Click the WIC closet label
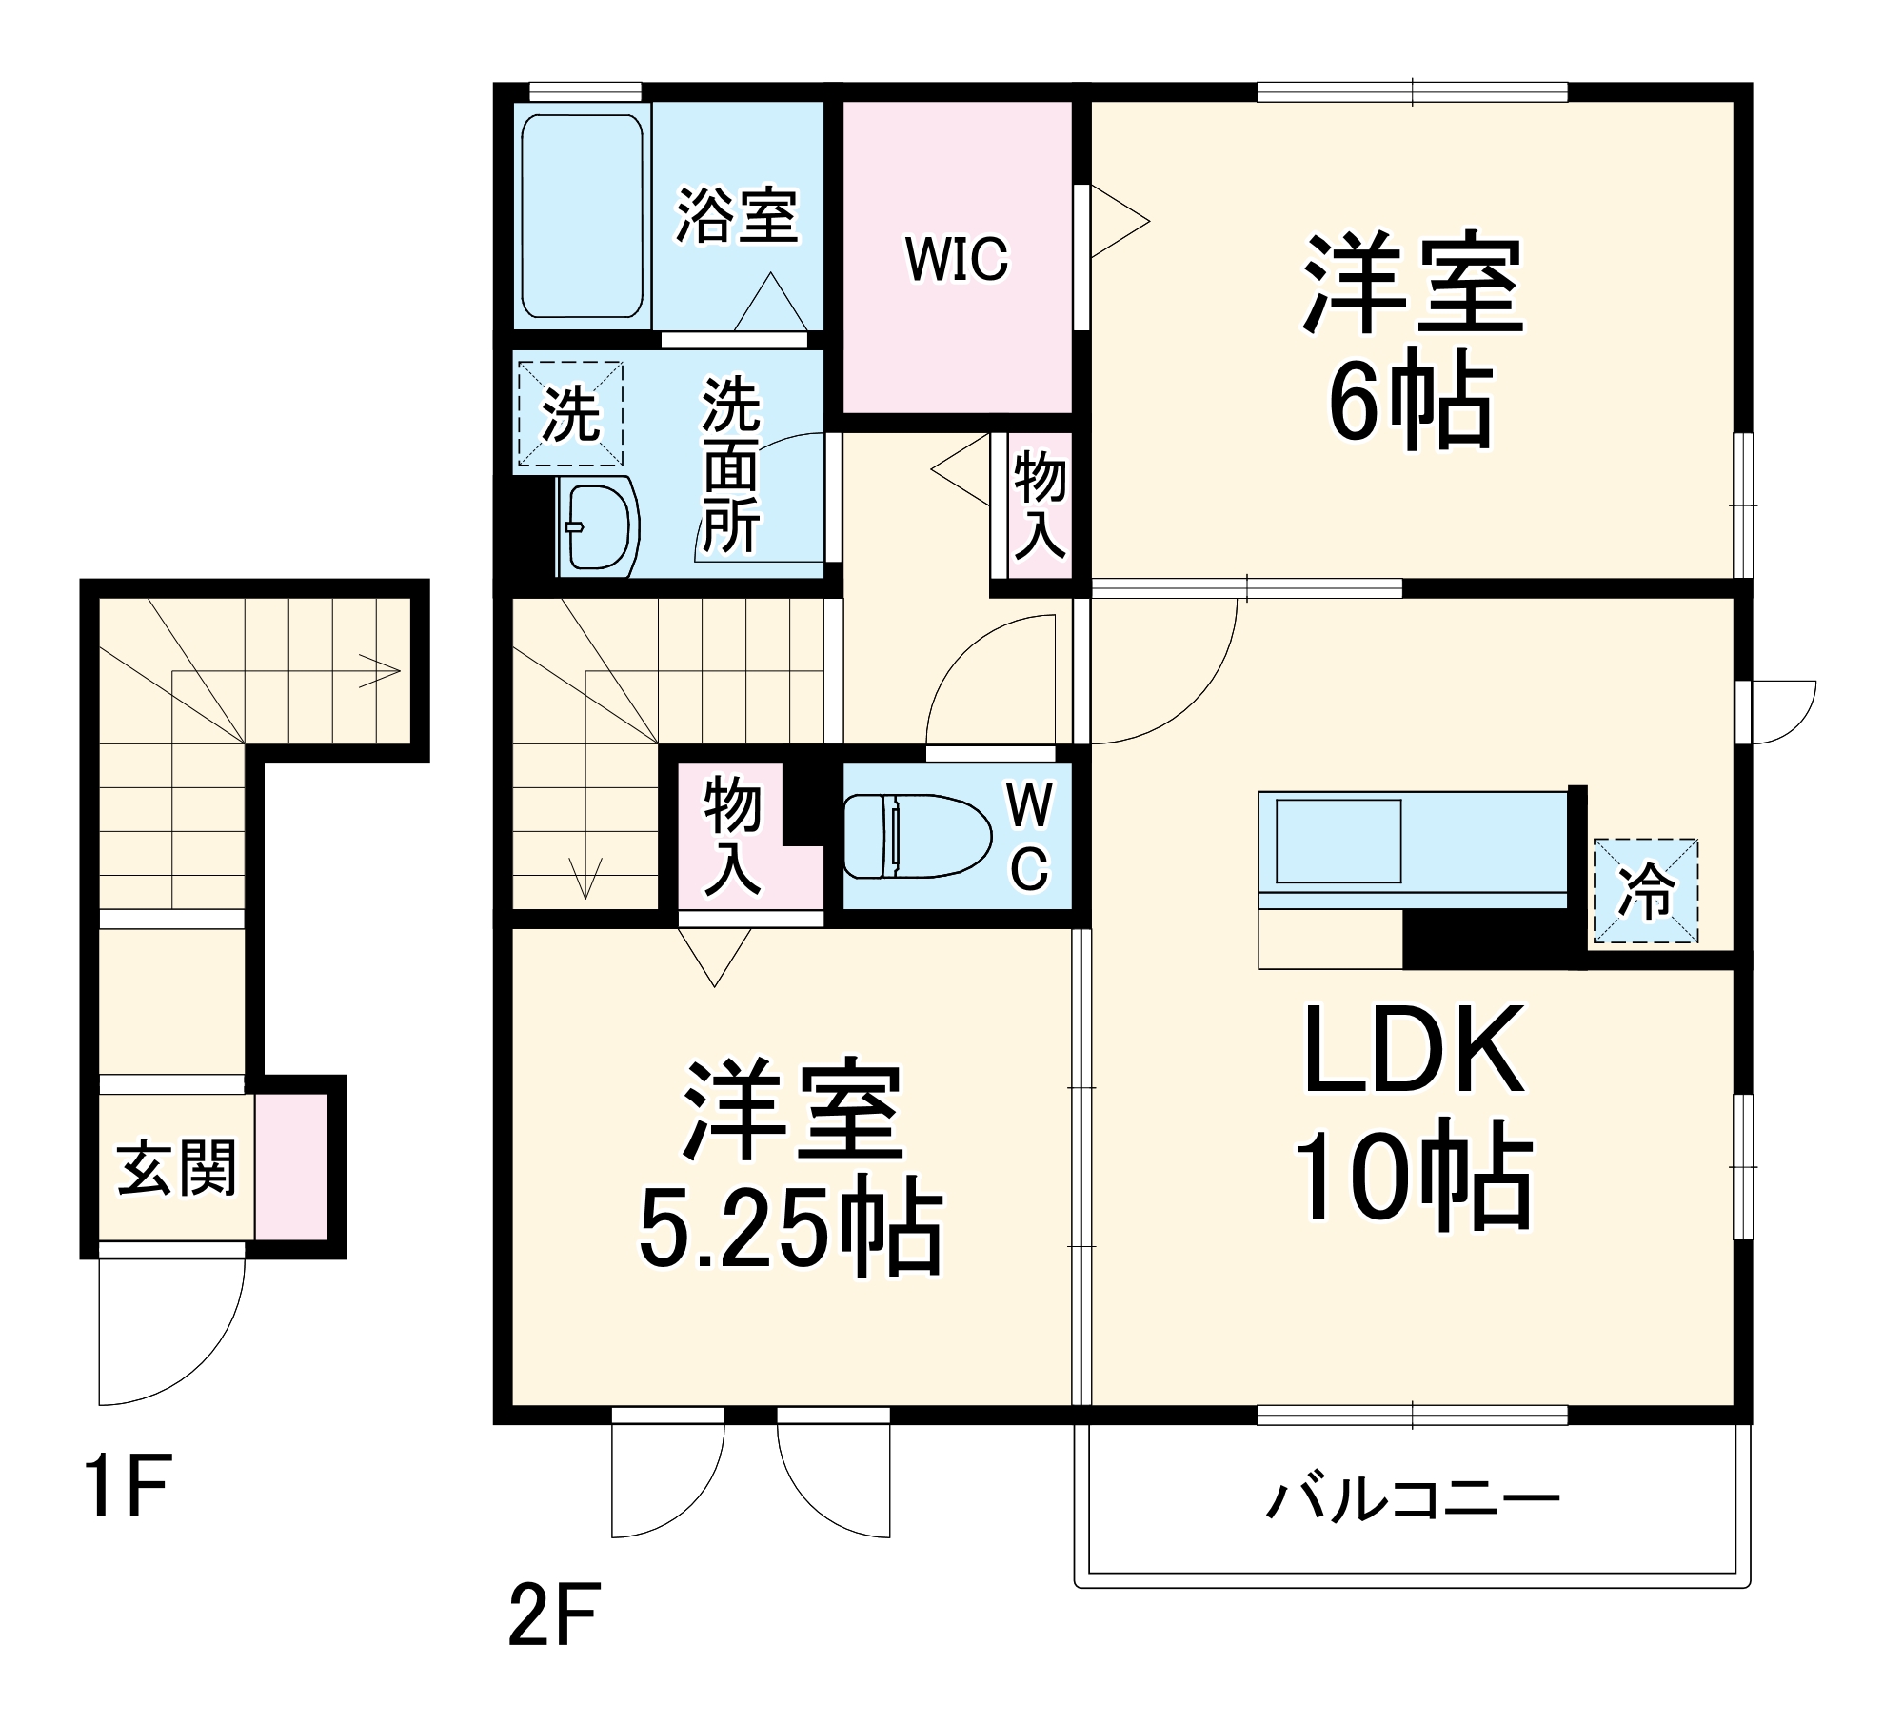[x=956, y=259]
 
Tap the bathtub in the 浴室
[x=582, y=216]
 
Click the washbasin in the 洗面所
[x=597, y=526]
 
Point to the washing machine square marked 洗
[x=569, y=414]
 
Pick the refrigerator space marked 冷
[x=1645, y=891]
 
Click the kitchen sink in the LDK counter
[x=1338, y=841]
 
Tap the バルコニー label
[x=1412, y=1499]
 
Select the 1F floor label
[x=127, y=1486]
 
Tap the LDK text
[x=1414, y=1049]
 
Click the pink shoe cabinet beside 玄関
[x=291, y=1167]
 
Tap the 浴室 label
[x=736, y=216]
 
